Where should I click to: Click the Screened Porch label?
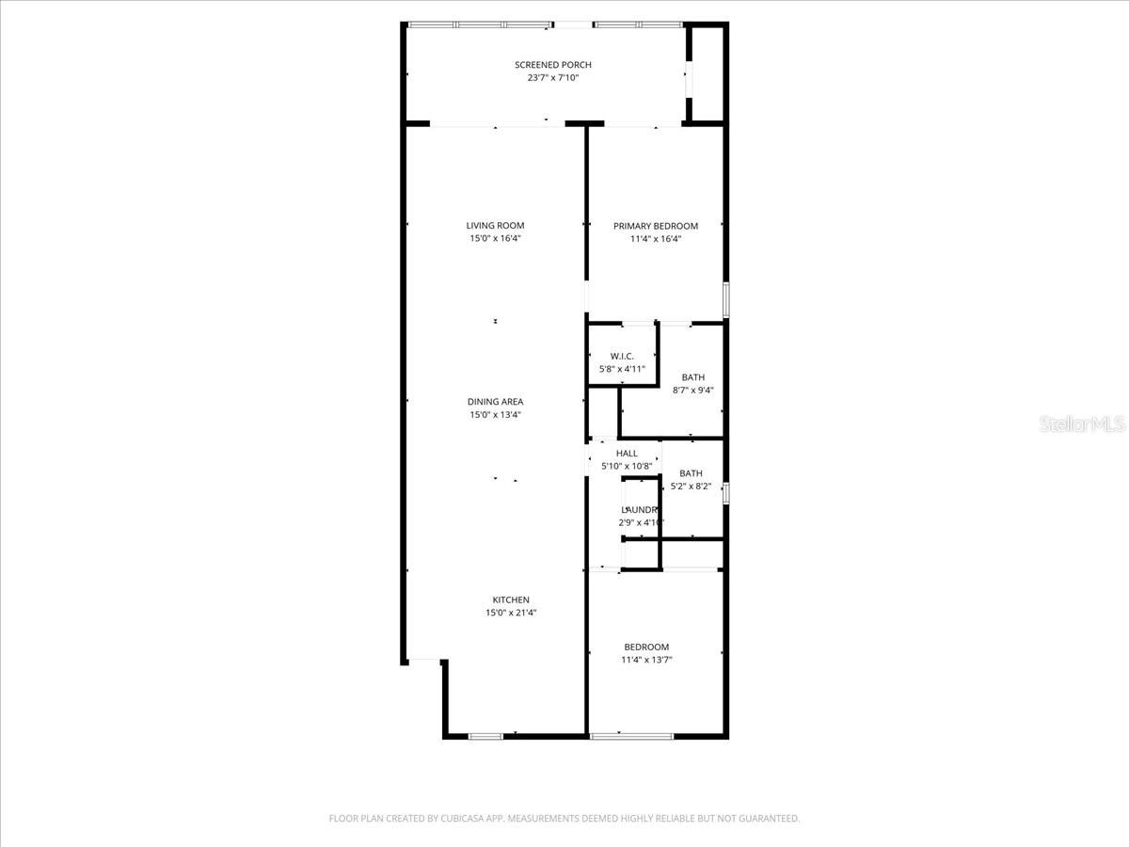pyautogui.click(x=552, y=65)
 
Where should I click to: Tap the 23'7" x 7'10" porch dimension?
pyautogui.click(x=552, y=78)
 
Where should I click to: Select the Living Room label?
pyautogui.click(x=495, y=226)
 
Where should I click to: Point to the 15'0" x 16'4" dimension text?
pyautogui.click(x=495, y=239)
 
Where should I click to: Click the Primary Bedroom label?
pyautogui.click(x=656, y=226)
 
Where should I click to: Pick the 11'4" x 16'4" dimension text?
pyautogui.click(x=656, y=239)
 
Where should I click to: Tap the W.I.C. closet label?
pyautogui.click(x=622, y=356)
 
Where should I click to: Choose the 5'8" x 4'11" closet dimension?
pyautogui.click(x=622, y=369)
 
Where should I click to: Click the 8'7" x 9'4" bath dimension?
pyautogui.click(x=693, y=391)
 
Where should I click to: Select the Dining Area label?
pyautogui.click(x=495, y=402)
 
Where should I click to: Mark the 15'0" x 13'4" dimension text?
pyautogui.click(x=495, y=415)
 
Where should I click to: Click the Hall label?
pyautogui.click(x=627, y=454)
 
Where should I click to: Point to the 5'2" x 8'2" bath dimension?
pyautogui.click(x=691, y=487)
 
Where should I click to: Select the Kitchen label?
pyautogui.click(x=511, y=600)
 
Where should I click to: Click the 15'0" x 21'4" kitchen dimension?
pyautogui.click(x=511, y=614)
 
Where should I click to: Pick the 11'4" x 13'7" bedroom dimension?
pyautogui.click(x=646, y=661)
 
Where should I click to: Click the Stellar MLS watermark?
pyautogui.click(x=1082, y=425)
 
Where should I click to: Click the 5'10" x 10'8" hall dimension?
pyautogui.click(x=627, y=467)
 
